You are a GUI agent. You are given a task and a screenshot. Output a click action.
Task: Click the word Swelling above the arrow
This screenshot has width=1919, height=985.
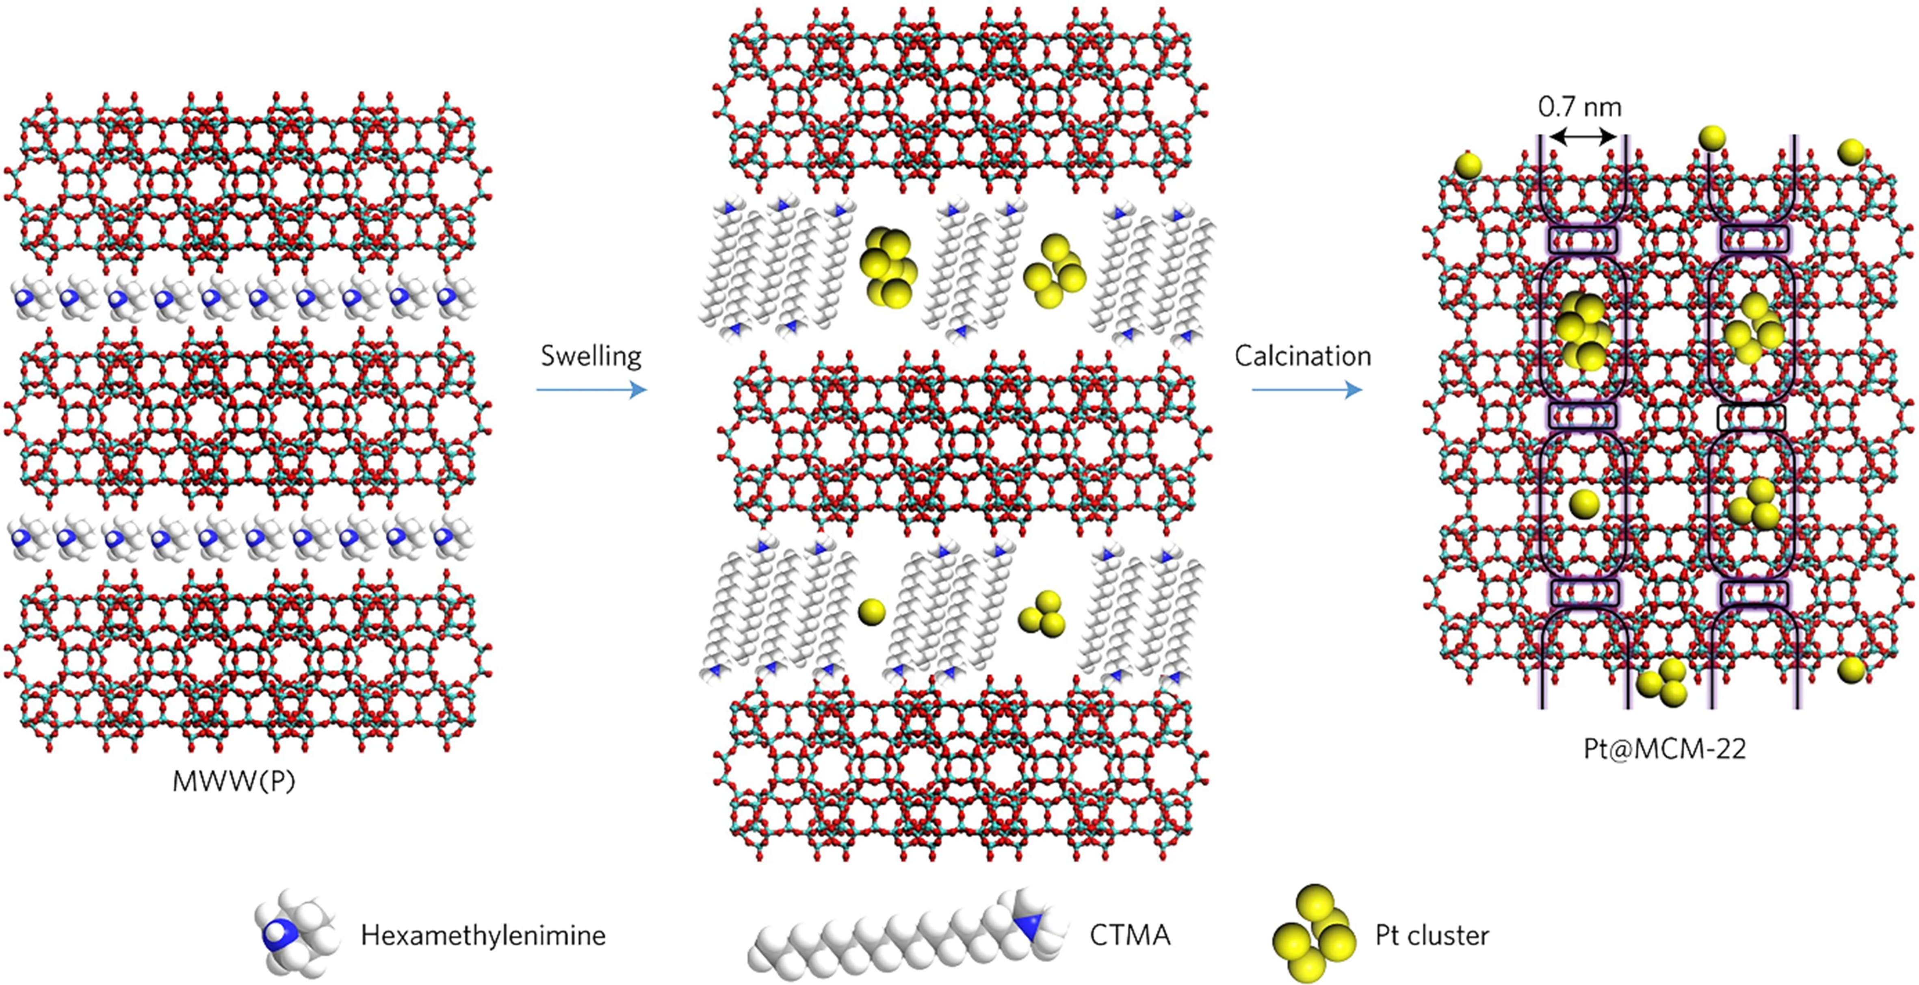591,356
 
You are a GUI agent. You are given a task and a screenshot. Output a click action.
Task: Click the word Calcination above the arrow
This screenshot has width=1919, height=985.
1302,356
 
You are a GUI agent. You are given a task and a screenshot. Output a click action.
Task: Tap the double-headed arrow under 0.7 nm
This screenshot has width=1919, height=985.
1582,137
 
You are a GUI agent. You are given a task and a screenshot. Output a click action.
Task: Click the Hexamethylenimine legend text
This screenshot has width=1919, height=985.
483,935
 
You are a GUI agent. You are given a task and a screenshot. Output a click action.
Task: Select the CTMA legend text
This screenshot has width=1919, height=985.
1129,935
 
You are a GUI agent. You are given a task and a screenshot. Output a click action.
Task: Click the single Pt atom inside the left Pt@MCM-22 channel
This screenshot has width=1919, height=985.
1584,504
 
